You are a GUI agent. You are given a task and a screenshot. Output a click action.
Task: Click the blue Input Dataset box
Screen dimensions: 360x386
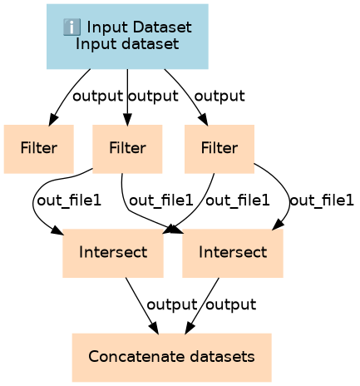(127, 37)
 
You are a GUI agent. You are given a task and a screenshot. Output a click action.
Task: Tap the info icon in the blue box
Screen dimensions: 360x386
(72, 27)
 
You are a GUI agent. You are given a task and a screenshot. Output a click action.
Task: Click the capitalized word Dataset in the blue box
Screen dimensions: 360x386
(162, 27)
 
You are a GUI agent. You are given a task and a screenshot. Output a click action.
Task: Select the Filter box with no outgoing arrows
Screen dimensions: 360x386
(39, 149)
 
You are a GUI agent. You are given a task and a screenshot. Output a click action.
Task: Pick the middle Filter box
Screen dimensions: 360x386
(127, 149)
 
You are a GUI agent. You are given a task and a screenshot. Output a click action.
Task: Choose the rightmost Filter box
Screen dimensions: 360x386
(219, 149)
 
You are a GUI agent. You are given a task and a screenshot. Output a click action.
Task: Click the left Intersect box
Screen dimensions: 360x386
(113, 253)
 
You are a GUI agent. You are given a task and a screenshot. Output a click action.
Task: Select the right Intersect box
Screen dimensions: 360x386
(233, 253)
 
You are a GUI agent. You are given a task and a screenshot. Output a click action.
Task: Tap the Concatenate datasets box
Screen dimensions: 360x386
(172, 358)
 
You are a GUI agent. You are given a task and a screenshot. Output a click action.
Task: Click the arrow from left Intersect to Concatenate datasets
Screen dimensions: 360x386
(142, 305)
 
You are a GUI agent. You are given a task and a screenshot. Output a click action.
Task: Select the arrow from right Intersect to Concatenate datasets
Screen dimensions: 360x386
(202, 305)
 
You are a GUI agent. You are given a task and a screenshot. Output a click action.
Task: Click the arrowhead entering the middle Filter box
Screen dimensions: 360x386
(127, 120)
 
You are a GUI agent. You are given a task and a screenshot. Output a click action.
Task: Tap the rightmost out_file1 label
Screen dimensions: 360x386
(322, 200)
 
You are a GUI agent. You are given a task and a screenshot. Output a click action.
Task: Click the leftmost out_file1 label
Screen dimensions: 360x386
(69, 200)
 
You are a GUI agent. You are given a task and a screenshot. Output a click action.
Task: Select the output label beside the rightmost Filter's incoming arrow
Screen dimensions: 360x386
(219, 96)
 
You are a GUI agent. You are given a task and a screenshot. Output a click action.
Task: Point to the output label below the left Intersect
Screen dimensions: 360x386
(172, 305)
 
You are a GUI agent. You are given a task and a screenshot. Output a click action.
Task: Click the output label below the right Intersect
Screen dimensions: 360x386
(231, 305)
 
